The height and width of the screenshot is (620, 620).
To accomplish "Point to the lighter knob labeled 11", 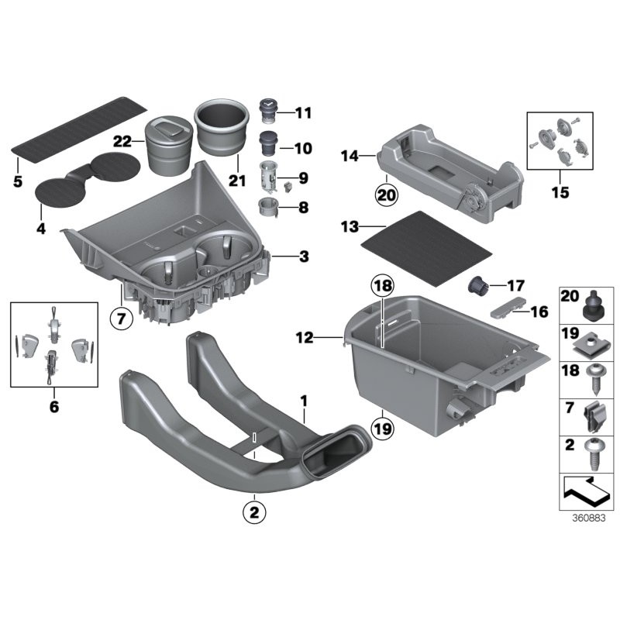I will (x=267, y=110).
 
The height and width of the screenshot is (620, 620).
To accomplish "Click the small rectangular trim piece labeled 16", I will (x=508, y=308).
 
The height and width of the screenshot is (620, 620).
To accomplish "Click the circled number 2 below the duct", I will (x=252, y=511).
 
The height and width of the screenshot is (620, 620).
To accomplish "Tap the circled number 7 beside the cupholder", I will (x=122, y=318).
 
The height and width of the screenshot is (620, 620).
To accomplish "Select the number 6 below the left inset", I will (x=54, y=405).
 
